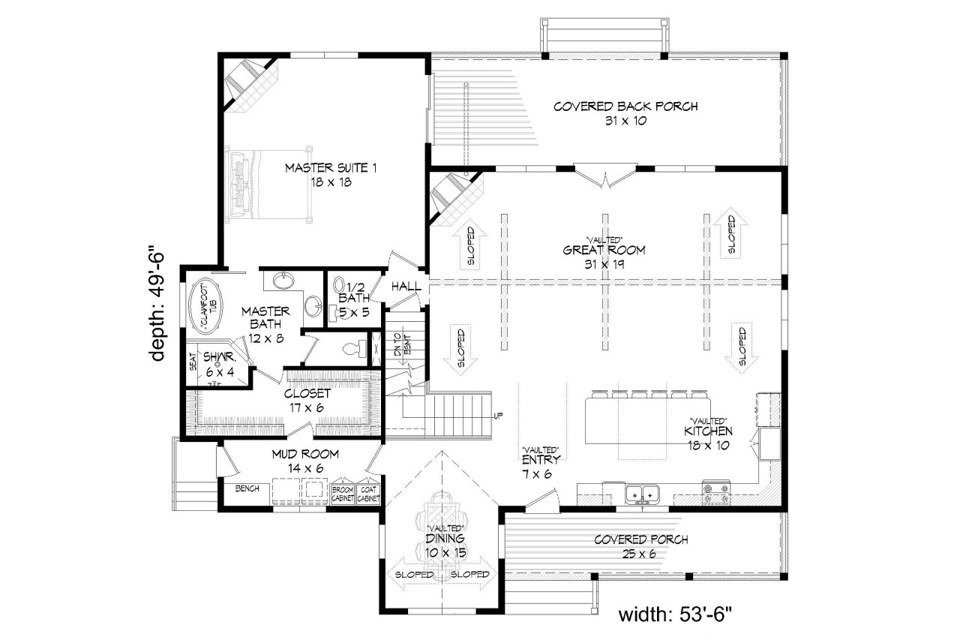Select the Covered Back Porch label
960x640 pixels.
point(625,113)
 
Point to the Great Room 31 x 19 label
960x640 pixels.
point(604,257)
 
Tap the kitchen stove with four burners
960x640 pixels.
point(716,493)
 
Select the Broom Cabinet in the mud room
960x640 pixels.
point(343,493)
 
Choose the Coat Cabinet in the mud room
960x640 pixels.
point(368,493)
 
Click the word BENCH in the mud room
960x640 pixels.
point(247,488)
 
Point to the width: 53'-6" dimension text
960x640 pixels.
point(674,614)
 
